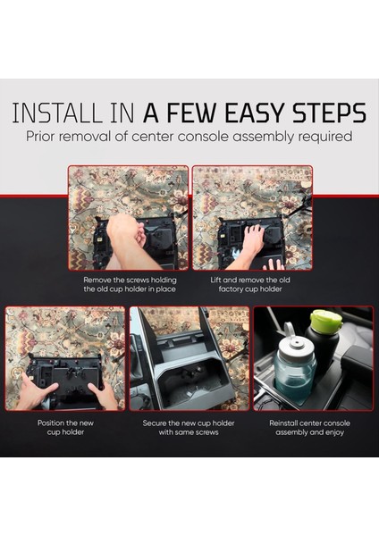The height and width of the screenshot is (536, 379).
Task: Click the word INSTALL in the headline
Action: pyautogui.click(x=57, y=113)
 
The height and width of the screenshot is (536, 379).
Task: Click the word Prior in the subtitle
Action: pyautogui.click(x=40, y=137)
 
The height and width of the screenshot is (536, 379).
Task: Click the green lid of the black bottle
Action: pyautogui.click(x=326, y=319)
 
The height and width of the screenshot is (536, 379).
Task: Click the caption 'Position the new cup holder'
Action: pyautogui.click(x=65, y=427)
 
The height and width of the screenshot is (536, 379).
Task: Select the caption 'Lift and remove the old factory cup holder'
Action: pyautogui.click(x=250, y=284)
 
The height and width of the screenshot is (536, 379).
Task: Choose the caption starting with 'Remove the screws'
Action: pyautogui.click(x=130, y=284)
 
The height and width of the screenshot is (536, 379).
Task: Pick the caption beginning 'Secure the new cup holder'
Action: pyautogui.click(x=189, y=427)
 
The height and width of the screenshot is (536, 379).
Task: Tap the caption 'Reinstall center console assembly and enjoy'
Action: pyautogui.click(x=309, y=428)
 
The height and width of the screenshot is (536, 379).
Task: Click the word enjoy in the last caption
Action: pyautogui.click(x=333, y=432)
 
